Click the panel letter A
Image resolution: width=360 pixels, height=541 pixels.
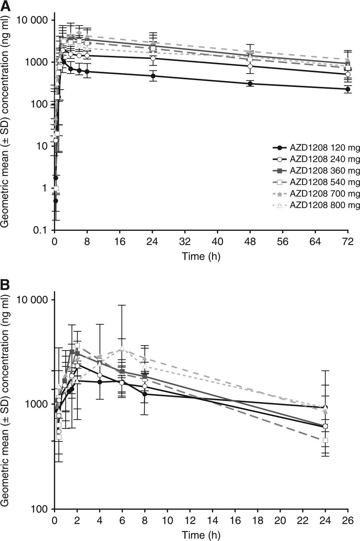pos(5,5)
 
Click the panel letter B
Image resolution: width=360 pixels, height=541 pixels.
pos(5,285)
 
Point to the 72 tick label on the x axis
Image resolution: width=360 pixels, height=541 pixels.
pos(348,241)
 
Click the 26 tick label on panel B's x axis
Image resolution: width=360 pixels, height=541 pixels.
pos(348,521)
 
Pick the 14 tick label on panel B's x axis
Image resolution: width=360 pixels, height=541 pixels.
pos(212,521)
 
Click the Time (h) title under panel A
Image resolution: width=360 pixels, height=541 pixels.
pos(201,256)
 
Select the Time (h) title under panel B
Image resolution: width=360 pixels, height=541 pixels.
pos(201,535)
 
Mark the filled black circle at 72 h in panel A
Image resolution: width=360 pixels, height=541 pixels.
pos(348,89)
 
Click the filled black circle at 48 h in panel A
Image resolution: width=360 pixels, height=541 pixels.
pos(250,84)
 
